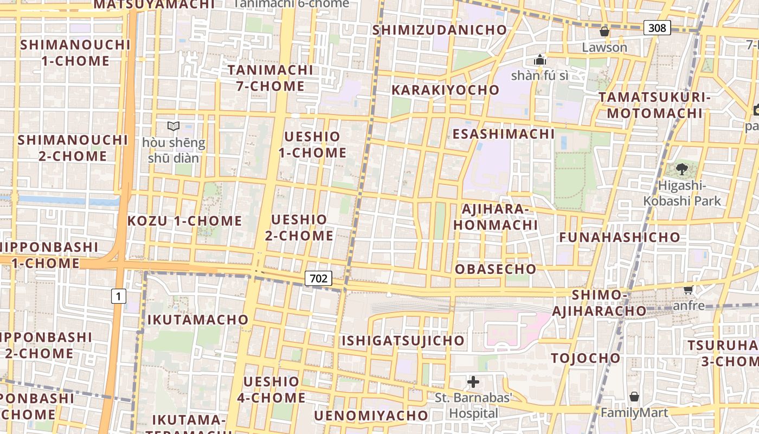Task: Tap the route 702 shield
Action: pos(318,278)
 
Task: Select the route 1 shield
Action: pos(118,296)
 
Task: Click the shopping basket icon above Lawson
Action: pos(604,32)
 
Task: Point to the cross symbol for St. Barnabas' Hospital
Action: pos(473,382)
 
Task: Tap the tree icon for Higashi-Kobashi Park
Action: pos(682,169)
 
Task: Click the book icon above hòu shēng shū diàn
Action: pos(173,126)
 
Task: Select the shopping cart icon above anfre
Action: pos(689,290)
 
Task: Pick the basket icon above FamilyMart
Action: pos(634,397)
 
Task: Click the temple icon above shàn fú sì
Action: pos(540,59)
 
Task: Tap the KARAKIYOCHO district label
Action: pos(445,90)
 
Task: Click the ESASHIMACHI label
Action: pos(504,134)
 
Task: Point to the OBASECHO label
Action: pos(496,269)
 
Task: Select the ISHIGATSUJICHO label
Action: pos(403,341)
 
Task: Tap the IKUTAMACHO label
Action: pos(198,320)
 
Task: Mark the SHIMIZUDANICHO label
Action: pos(439,30)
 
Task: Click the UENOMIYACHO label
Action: pos(371,416)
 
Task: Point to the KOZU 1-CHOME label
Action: pos(184,221)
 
